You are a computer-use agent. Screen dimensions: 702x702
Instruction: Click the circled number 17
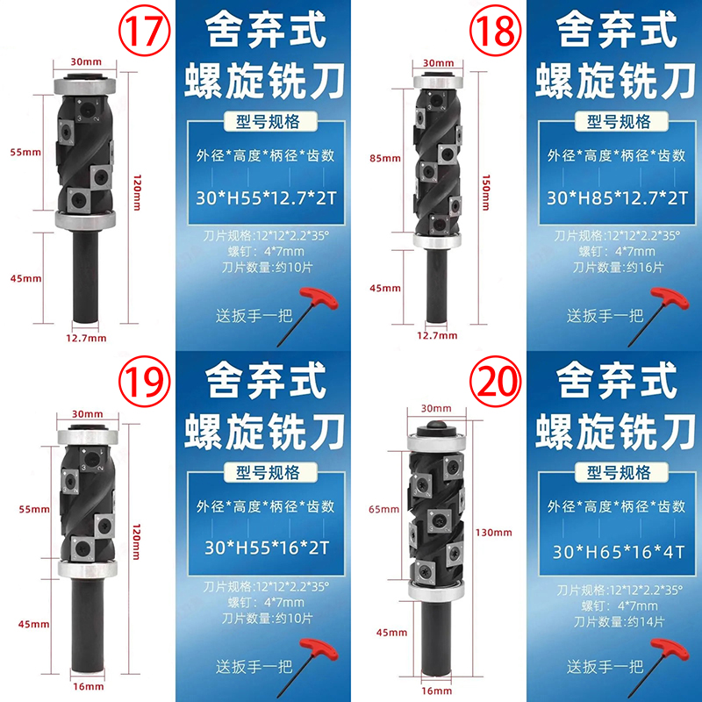click(144, 31)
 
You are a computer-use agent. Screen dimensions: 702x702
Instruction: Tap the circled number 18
click(495, 31)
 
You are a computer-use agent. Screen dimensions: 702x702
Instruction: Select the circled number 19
click(144, 382)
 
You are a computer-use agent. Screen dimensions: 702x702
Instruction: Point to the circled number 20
click(495, 382)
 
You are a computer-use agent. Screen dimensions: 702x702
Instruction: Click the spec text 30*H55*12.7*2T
click(266, 198)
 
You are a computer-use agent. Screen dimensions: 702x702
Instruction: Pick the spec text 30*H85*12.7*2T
click(617, 198)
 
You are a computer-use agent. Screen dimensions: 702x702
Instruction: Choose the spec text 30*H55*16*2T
click(267, 548)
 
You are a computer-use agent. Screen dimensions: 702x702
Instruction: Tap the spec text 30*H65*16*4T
click(619, 552)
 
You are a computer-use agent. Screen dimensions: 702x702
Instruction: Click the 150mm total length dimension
click(486, 192)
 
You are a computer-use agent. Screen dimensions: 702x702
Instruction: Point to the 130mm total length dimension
click(493, 533)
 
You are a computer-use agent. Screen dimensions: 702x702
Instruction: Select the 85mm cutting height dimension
click(385, 158)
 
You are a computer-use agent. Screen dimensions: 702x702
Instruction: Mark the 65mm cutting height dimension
click(383, 509)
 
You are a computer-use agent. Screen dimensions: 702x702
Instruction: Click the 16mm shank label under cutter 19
click(89, 686)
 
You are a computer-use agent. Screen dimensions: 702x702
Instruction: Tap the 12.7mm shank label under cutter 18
click(437, 335)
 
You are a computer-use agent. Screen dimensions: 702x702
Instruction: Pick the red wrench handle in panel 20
click(670, 648)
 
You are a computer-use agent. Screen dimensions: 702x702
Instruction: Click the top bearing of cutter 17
click(85, 84)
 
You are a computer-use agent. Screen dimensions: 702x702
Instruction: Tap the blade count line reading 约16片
click(618, 268)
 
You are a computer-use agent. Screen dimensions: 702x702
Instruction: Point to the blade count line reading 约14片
click(619, 622)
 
